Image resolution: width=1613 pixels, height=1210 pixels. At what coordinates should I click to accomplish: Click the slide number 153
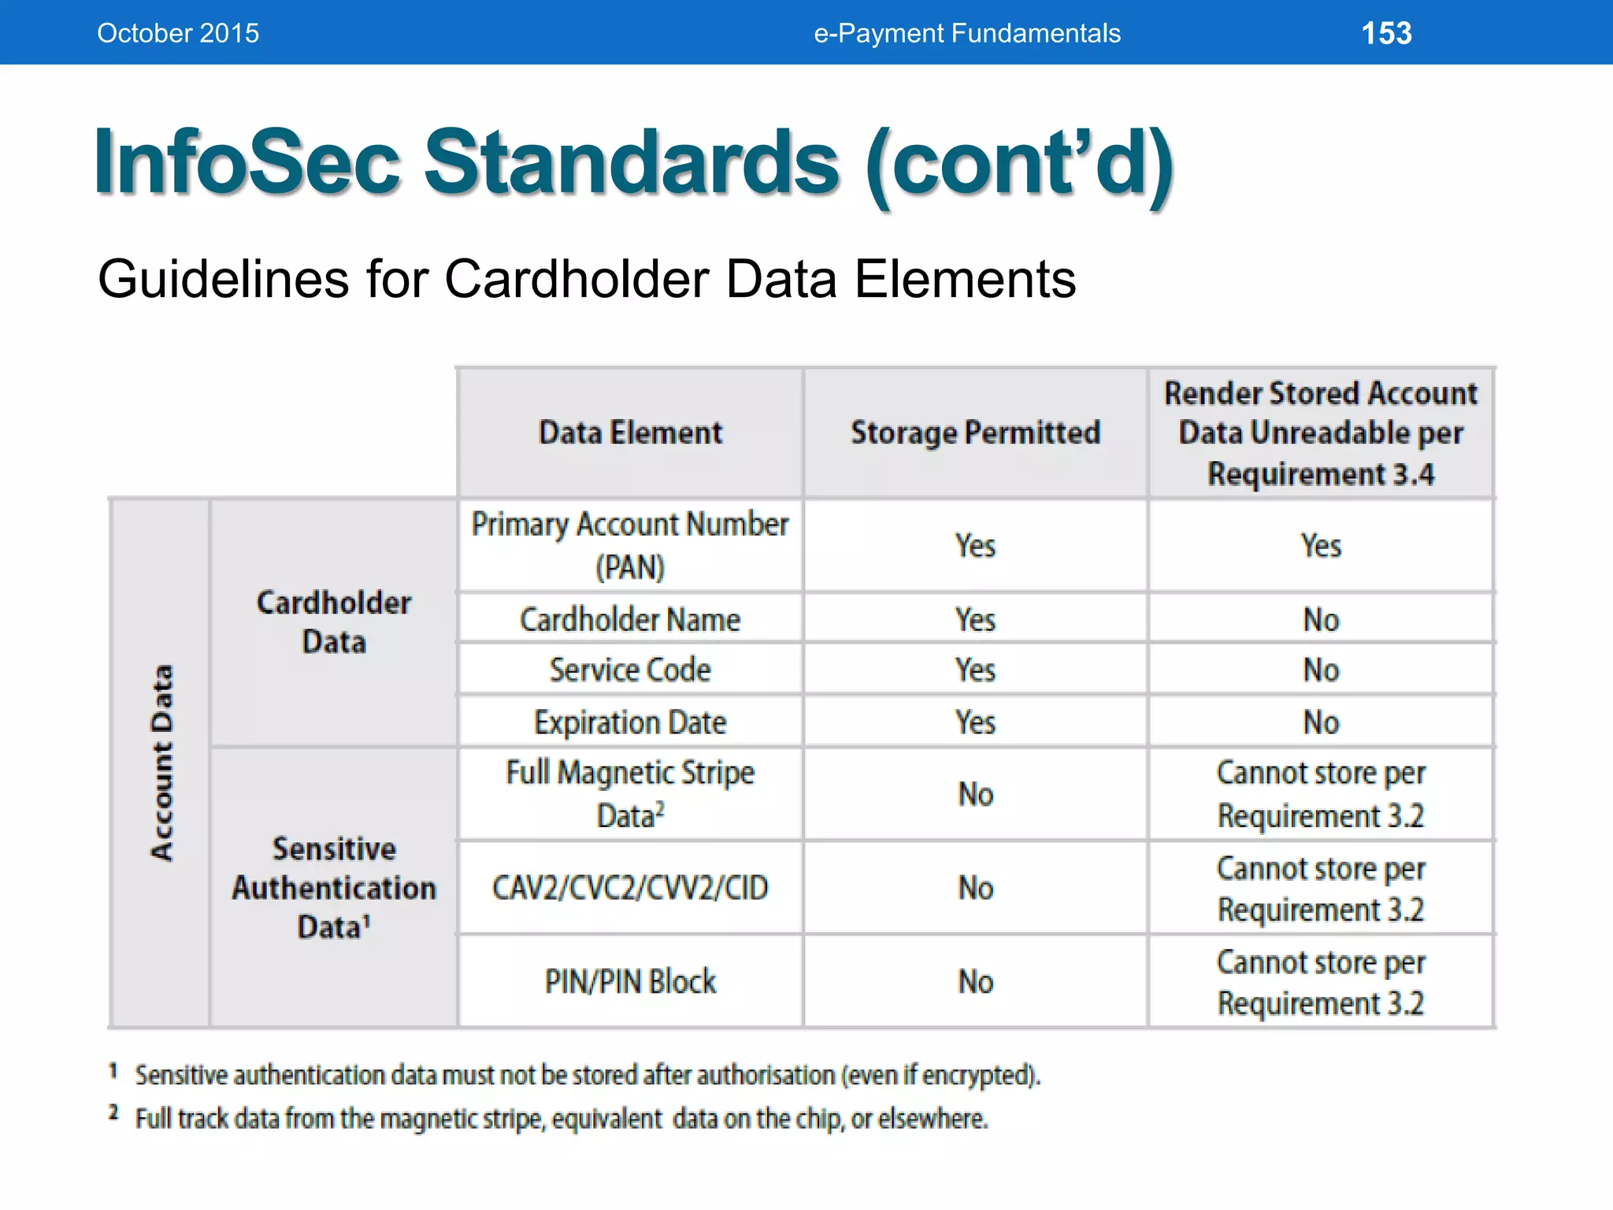click(1386, 33)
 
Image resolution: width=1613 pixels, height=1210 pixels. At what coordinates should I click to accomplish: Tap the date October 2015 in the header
click(178, 33)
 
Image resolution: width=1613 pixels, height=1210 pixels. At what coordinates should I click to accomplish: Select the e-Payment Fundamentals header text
click(966, 33)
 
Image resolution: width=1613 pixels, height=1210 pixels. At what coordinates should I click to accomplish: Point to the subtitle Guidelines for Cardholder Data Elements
click(587, 279)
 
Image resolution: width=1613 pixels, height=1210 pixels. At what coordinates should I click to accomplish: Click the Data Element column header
click(630, 432)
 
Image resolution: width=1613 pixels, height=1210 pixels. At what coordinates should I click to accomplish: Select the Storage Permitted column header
click(975, 432)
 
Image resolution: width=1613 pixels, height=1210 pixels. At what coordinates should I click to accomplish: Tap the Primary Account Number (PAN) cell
click(630, 545)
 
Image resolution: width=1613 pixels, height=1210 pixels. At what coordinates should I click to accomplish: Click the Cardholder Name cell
click(630, 619)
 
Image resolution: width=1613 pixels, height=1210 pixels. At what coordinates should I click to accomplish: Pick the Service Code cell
click(630, 670)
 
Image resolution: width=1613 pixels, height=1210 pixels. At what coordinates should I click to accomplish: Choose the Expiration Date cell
click(630, 722)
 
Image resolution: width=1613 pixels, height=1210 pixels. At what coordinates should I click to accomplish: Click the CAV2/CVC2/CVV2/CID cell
click(630, 888)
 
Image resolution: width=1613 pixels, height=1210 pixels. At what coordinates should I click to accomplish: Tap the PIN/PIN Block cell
click(630, 982)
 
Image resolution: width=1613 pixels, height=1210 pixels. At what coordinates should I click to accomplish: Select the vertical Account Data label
click(161, 763)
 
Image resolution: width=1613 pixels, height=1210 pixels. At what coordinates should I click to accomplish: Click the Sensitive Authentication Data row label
click(334, 888)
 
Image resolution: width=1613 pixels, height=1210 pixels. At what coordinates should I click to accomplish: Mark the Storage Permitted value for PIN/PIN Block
click(975, 982)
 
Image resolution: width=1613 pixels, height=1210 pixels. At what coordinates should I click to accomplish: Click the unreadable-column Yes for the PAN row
click(1321, 545)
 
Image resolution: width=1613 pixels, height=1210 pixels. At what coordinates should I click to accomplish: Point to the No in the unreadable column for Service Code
click(1321, 670)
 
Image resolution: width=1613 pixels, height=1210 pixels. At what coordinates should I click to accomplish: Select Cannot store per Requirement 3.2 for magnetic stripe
click(1321, 794)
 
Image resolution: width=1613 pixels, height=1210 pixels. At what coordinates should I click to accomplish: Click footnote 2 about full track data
click(561, 1119)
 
